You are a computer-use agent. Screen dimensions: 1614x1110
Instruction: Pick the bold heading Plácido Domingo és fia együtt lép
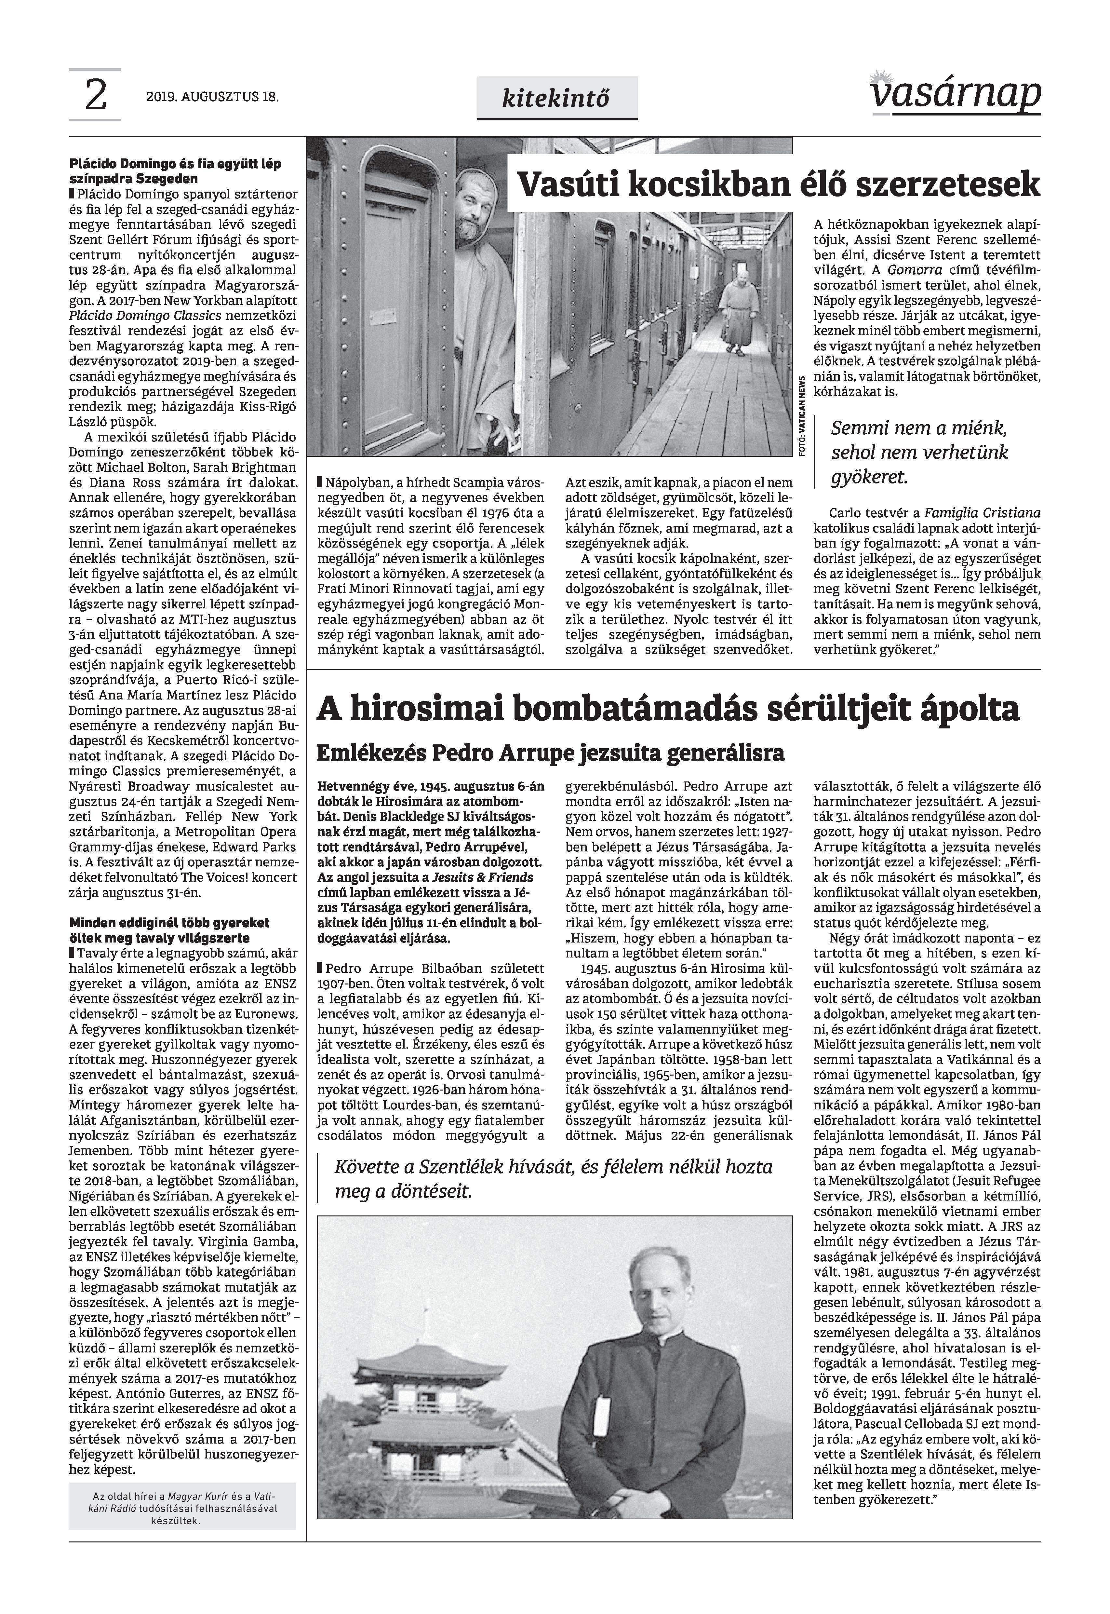[175, 171]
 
